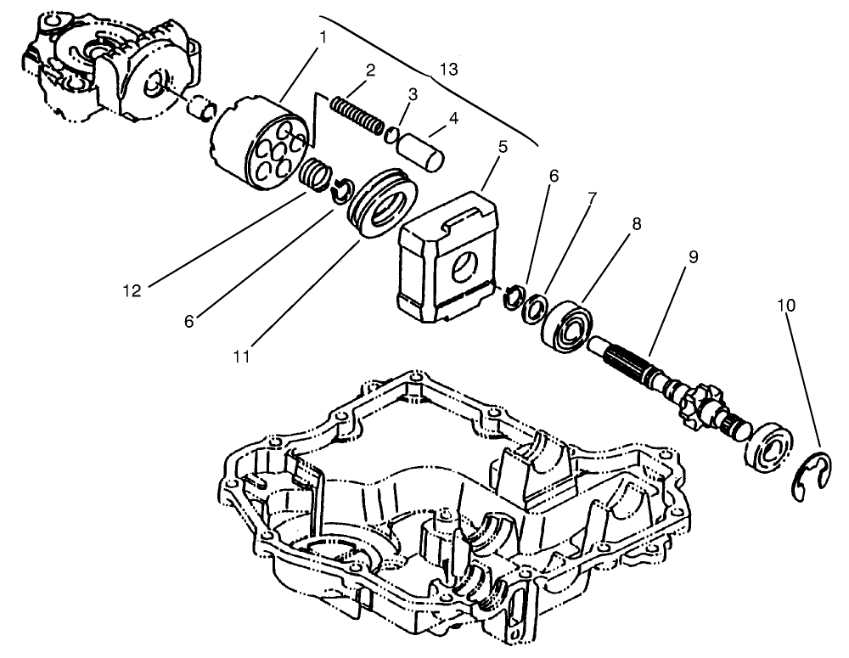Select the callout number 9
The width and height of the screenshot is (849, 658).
[x=694, y=256]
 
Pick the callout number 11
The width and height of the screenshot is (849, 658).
[x=242, y=357]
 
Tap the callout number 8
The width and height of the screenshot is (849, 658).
[x=635, y=224]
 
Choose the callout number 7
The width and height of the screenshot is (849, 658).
[x=592, y=199]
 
